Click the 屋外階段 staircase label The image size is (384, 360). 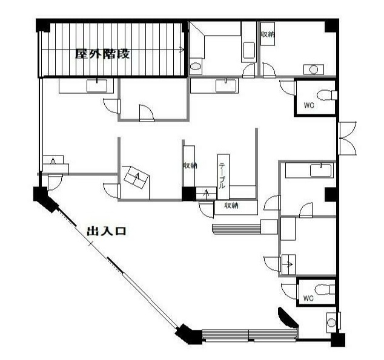(x=102, y=54)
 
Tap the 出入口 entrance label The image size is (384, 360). (x=107, y=231)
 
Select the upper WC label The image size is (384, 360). (x=309, y=105)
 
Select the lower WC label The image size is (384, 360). (x=308, y=298)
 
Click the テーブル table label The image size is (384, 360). (x=222, y=175)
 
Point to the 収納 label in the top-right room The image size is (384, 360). (x=267, y=34)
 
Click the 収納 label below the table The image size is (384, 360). (x=231, y=206)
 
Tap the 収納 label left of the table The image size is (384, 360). (x=190, y=166)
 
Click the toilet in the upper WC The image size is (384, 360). (x=327, y=95)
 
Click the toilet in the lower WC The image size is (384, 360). (x=325, y=290)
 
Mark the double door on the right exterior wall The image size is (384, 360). (x=347, y=138)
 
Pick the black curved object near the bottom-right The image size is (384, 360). (x=288, y=317)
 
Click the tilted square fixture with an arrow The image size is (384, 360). (x=136, y=177)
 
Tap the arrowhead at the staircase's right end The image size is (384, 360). (x=182, y=50)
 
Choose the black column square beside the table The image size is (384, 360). (x=189, y=194)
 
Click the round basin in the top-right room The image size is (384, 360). (x=314, y=70)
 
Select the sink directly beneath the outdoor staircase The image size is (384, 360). (x=97, y=85)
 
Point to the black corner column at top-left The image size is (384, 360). (x=43, y=25)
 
